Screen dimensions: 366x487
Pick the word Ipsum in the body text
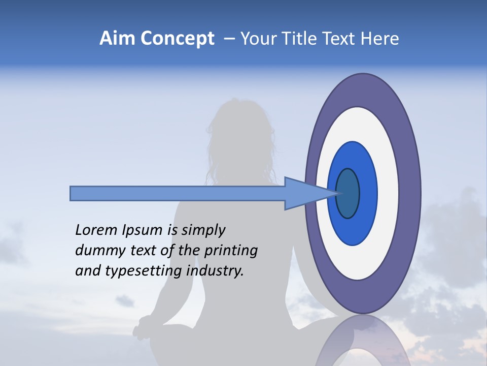tap(142, 230)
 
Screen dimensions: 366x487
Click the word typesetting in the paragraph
tap(144, 271)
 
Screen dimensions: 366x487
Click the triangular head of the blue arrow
tap(304, 193)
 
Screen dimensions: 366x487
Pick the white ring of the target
tap(388, 193)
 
